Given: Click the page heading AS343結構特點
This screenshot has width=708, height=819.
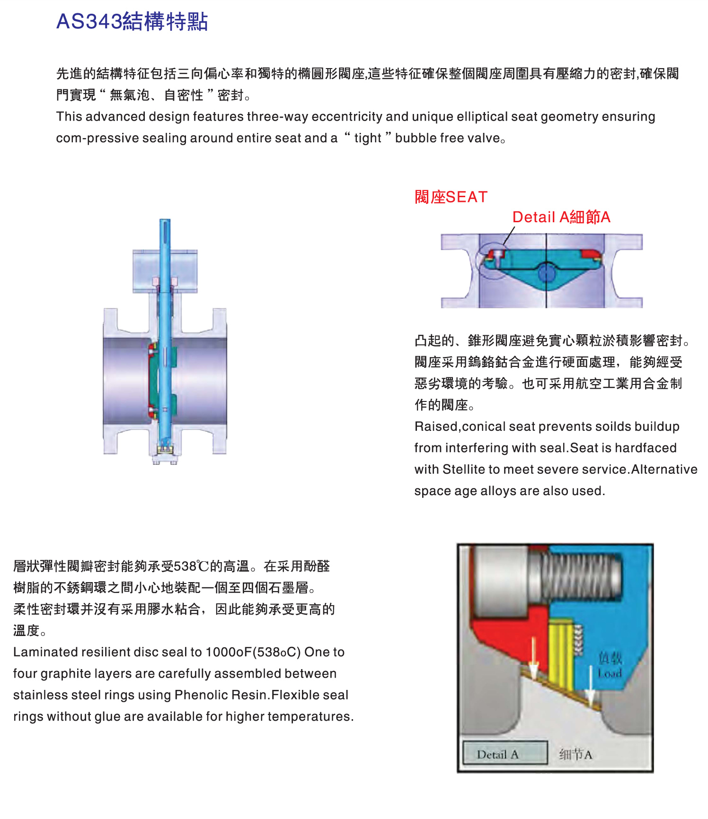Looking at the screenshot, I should tap(132, 22).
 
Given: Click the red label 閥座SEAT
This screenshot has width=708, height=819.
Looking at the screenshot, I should tap(451, 197).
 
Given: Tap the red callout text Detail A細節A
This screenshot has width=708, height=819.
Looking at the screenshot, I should tap(561, 217).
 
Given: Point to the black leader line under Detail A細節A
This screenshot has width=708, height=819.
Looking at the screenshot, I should tap(509, 235).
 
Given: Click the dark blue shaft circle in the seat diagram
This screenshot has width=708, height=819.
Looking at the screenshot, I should tap(546, 273).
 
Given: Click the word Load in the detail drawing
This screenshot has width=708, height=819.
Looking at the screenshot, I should tap(610, 673).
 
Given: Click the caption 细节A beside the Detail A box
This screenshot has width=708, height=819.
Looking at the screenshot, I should tap(575, 754).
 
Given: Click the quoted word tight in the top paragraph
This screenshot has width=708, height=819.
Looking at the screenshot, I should tap(368, 138).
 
